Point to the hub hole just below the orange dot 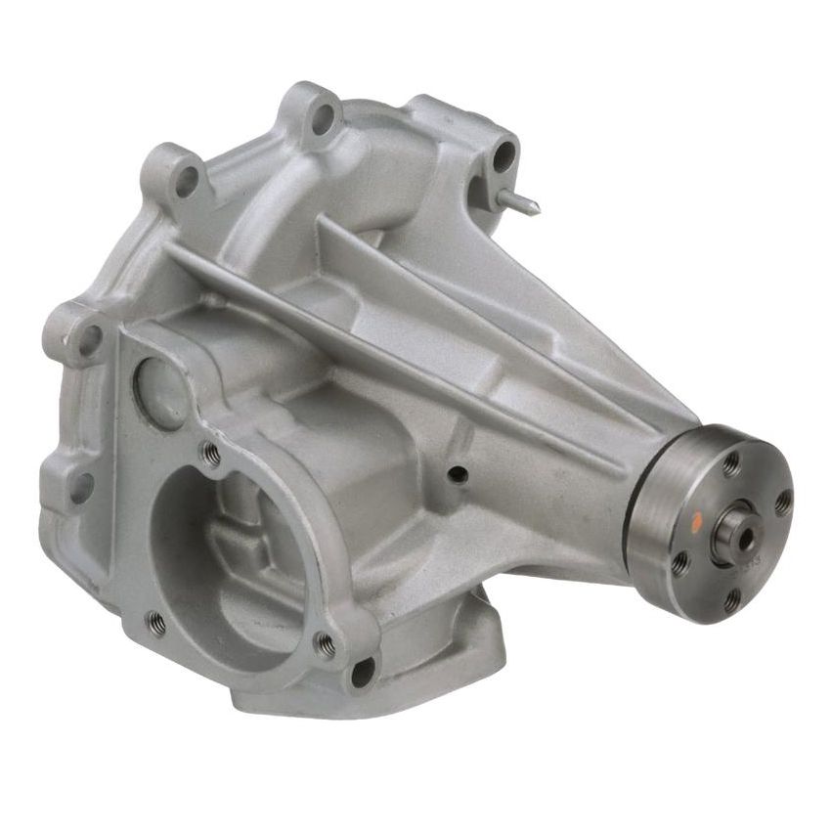coord(681,563)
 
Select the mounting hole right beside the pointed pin coord(504,154)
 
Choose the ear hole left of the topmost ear coord(186,180)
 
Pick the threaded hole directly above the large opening coord(208,452)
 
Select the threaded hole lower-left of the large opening coord(154,621)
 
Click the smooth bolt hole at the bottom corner coord(363,672)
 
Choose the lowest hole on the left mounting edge coord(82,486)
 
